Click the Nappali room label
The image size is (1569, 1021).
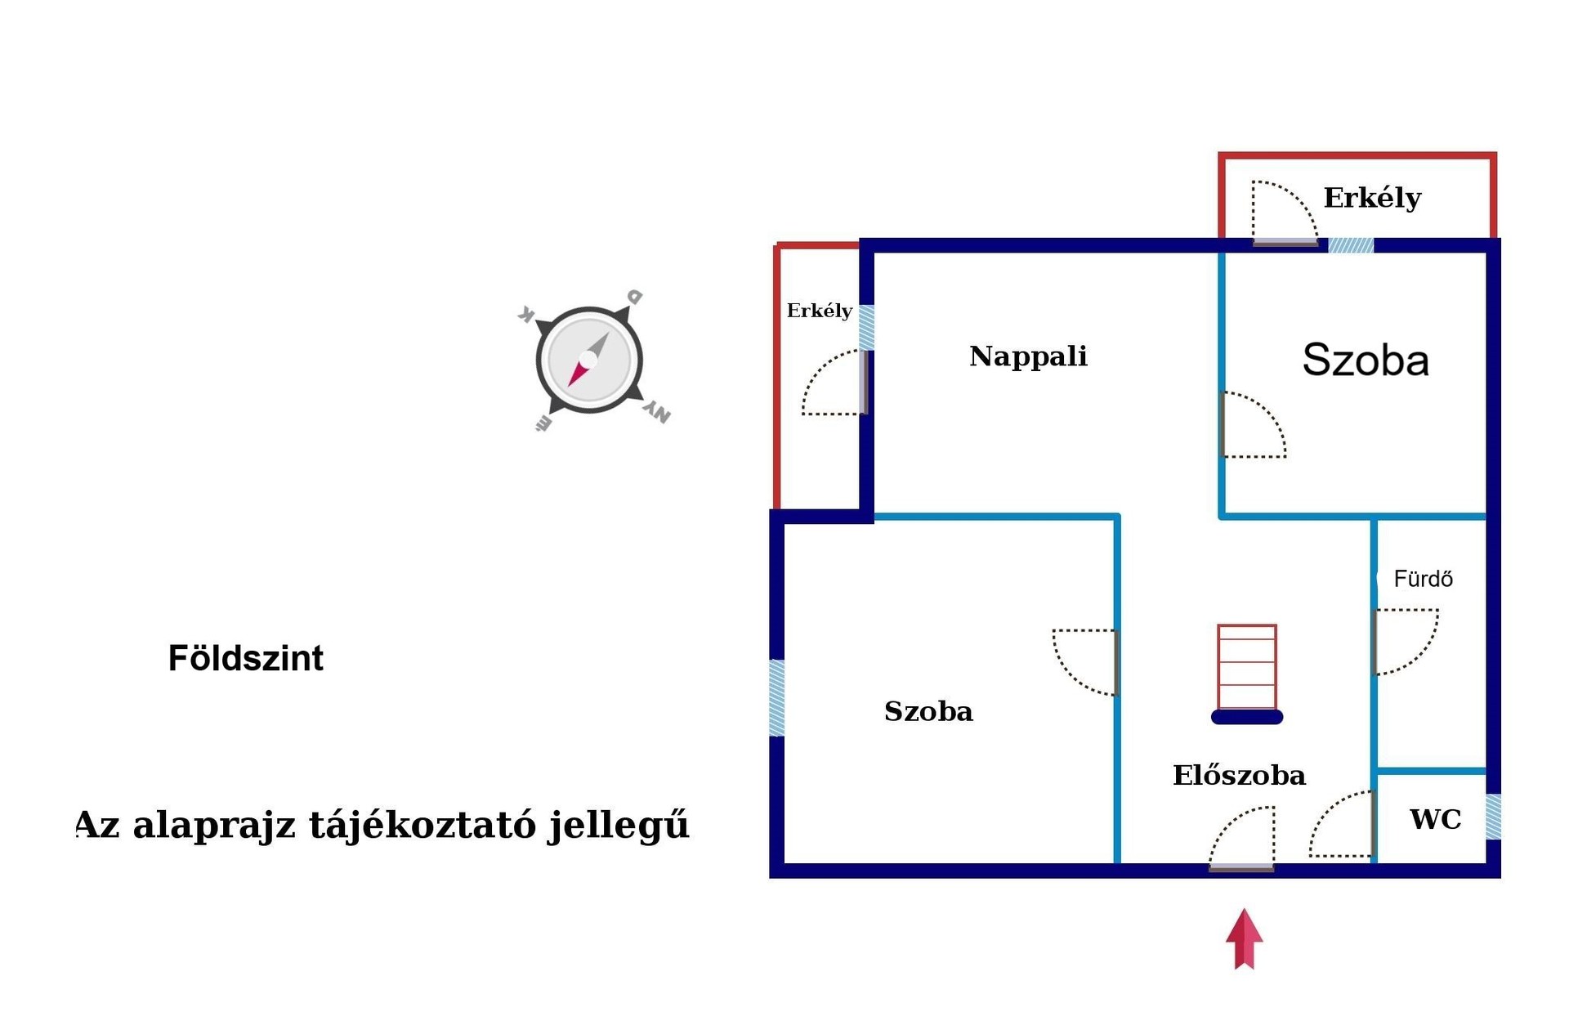coord(1028,356)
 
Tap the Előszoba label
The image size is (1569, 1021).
coord(1239,775)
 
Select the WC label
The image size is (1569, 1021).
coord(1436,819)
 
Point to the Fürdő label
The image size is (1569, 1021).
coord(1424,579)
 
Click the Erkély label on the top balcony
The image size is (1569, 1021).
coord(1372,198)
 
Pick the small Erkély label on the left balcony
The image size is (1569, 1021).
coord(819,311)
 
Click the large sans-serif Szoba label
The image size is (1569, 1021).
coord(1366,360)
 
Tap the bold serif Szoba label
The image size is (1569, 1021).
coord(928,711)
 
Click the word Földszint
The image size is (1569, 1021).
coord(245,658)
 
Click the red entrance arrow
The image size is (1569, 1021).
coord(1244,938)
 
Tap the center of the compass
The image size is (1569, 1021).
coord(589,360)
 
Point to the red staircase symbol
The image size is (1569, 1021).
coord(1246,667)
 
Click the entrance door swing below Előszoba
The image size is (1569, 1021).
coord(1241,838)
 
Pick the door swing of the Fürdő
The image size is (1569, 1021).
coord(1406,642)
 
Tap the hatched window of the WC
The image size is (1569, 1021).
coord(1493,817)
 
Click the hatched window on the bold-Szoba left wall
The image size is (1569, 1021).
coord(777,698)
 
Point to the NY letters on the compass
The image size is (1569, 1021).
coord(657,412)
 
